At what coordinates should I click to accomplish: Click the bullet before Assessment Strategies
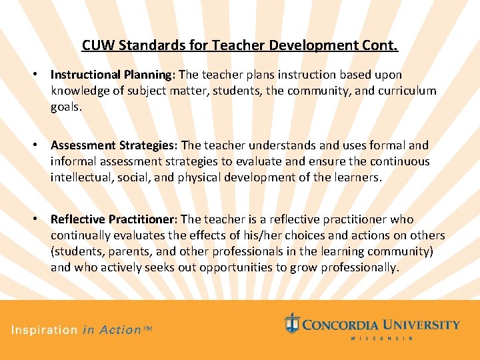pyautogui.click(x=41, y=145)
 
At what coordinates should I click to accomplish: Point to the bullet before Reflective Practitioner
pyautogui.click(x=41, y=219)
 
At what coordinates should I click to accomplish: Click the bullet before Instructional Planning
pyautogui.click(x=41, y=75)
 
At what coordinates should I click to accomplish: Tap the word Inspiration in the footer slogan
pyautogui.click(x=43, y=330)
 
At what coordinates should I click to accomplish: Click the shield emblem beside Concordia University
pyautogui.click(x=292, y=323)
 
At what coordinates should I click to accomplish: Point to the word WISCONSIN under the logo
pyautogui.click(x=381, y=339)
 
